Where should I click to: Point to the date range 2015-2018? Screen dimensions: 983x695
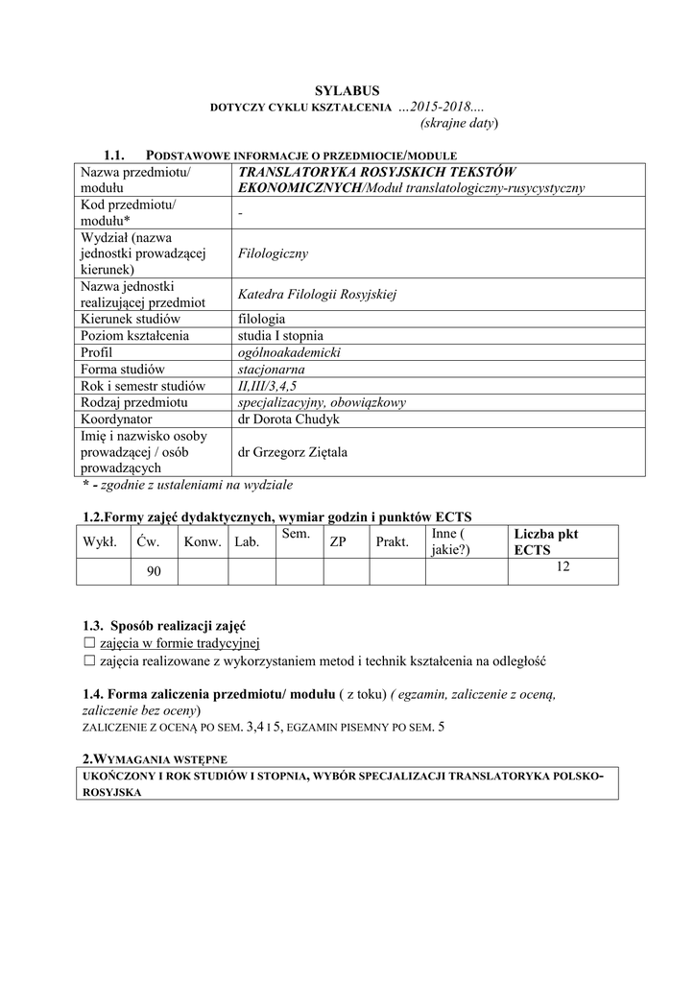pos(437,105)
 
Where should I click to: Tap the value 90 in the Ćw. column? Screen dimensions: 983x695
pos(154,572)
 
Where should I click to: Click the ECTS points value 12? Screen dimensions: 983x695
pos(563,567)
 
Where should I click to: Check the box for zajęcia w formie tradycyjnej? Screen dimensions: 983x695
pos(89,642)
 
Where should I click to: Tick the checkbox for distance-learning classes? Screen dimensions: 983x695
pos(89,660)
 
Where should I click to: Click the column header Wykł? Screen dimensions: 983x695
pos(100,542)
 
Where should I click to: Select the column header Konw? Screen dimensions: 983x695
pos(203,542)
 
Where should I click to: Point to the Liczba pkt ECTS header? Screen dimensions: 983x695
pos(546,542)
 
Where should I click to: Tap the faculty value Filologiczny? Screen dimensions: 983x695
pos(273,253)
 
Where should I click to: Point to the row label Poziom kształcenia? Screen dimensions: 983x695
pos(135,336)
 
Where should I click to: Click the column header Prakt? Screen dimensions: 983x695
pos(393,542)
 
